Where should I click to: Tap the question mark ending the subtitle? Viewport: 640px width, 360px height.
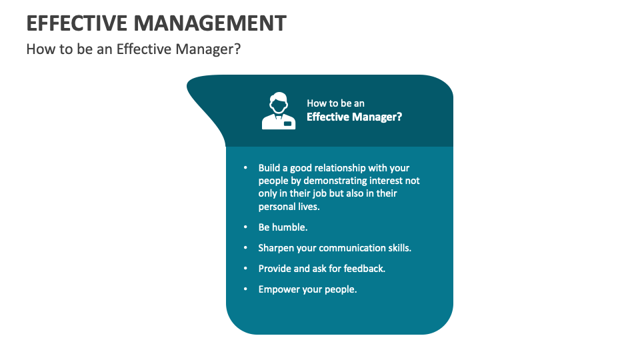[237, 49]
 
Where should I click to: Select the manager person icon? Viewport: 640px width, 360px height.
[278, 111]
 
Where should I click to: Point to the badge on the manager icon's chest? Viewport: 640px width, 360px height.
[287, 123]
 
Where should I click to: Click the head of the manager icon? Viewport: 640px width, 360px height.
[278, 103]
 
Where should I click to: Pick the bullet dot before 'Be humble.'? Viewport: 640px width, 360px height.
[245, 227]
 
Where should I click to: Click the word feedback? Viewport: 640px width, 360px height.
[365, 269]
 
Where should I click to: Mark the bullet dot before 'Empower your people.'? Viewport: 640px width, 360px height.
[245, 289]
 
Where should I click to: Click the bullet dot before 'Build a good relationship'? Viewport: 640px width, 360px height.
[245, 168]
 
